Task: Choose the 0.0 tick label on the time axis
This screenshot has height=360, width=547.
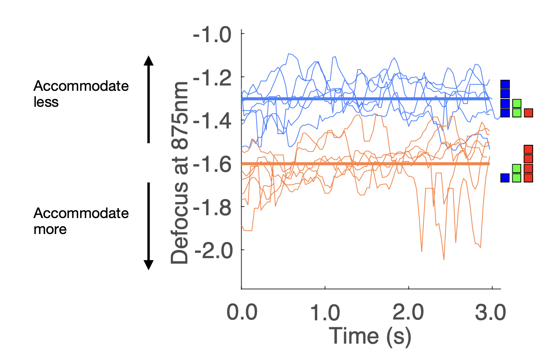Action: click(242, 314)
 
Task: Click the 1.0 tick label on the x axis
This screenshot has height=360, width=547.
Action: click(325, 314)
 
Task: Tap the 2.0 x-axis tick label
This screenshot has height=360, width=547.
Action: click(408, 314)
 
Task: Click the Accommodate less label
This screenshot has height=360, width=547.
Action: click(81, 94)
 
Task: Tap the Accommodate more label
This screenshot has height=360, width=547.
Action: click(81, 221)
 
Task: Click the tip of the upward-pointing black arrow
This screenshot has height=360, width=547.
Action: click(149, 57)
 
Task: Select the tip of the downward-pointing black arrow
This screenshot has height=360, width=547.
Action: click(149, 269)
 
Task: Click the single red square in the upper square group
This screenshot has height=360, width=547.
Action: click(528, 112)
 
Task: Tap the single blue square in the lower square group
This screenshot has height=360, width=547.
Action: click(505, 178)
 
